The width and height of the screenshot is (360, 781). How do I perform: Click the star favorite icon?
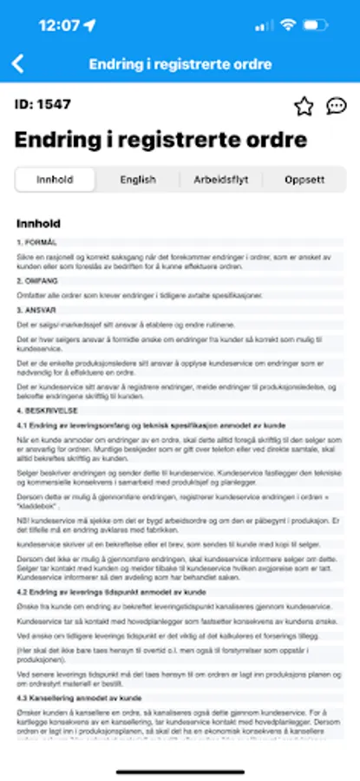(x=304, y=106)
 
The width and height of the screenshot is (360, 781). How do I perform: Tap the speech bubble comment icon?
(x=336, y=106)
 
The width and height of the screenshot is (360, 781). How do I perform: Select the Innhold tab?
(x=55, y=180)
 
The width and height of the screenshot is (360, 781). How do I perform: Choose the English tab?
(x=138, y=180)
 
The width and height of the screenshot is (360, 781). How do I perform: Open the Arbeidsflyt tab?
(x=220, y=180)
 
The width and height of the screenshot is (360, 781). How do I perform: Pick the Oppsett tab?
(x=304, y=180)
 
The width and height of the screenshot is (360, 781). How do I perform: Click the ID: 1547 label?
(x=43, y=105)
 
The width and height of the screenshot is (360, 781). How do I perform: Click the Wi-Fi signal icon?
(x=288, y=25)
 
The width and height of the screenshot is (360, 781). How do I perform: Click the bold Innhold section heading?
(x=39, y=223)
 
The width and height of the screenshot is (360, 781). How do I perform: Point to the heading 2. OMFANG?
(x=37, y=281)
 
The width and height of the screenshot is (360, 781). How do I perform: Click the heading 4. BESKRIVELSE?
(x=47, y=409)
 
